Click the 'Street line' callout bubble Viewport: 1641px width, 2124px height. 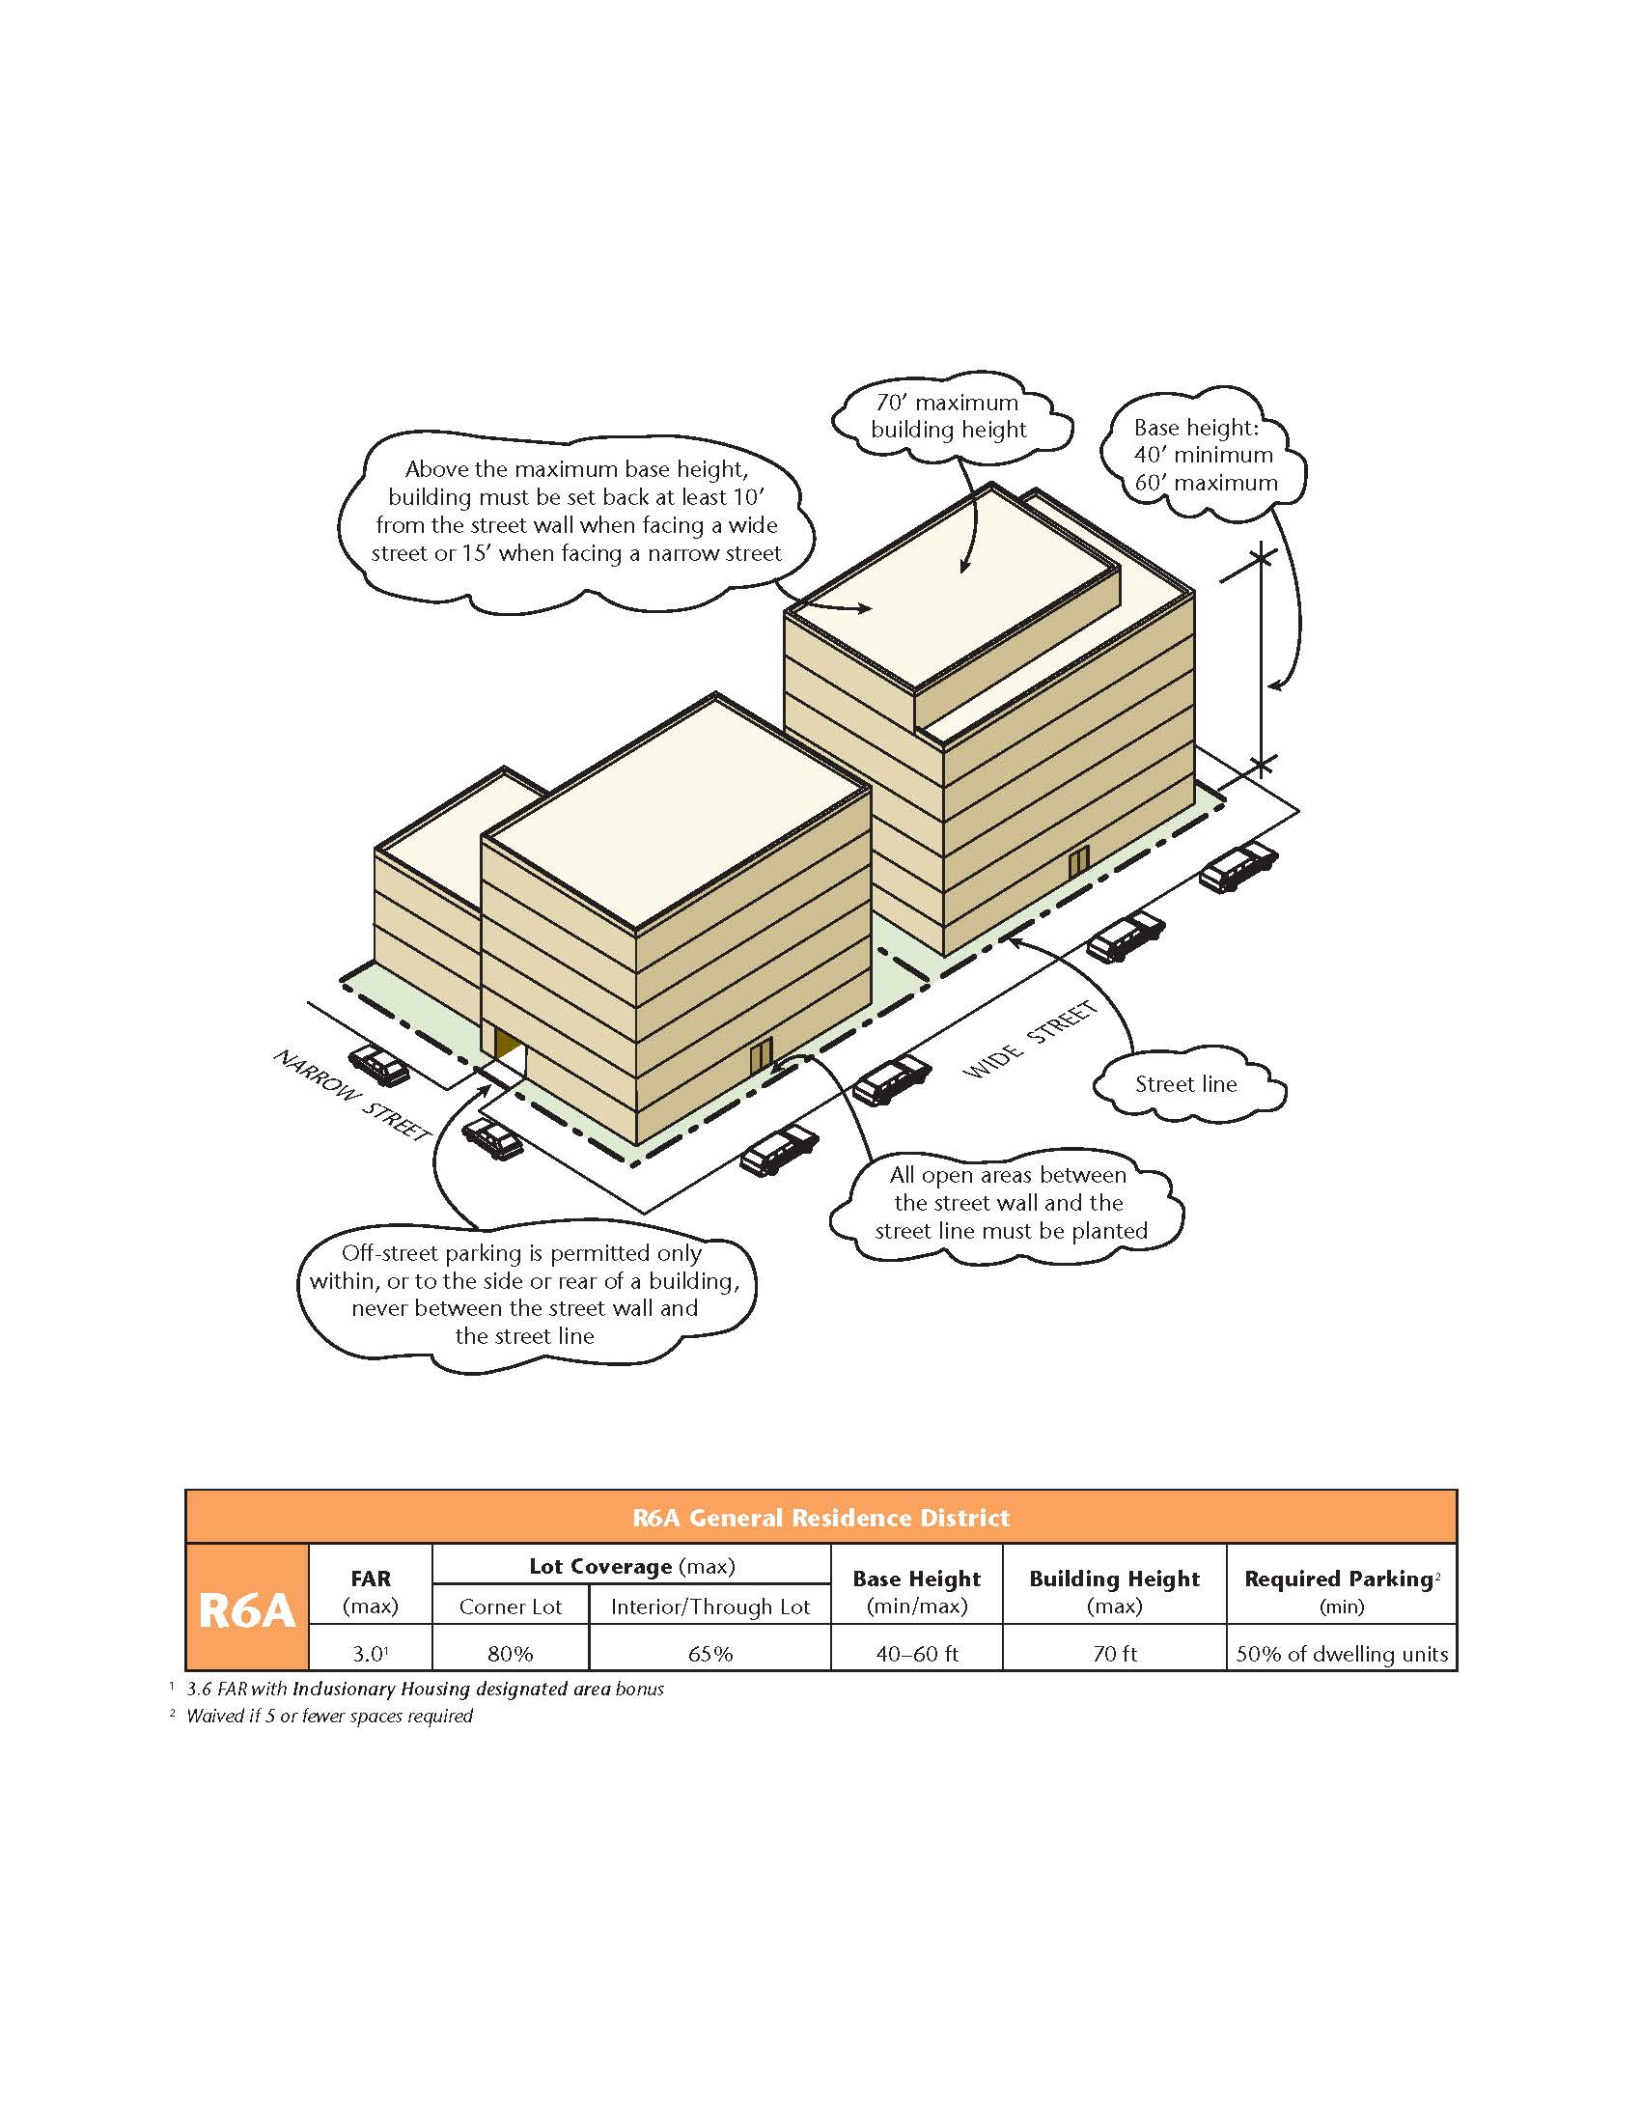click(1186, 1084)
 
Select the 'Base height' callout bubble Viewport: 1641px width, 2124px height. click(1204, 455)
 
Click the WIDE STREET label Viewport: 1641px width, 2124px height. click(1030, 1041)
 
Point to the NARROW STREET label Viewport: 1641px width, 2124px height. click(352, 1095)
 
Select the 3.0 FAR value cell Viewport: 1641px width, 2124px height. click(370, 1653)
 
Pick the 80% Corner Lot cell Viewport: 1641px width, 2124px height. click(511, 1653)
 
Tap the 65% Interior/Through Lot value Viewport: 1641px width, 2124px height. click(709, 1653)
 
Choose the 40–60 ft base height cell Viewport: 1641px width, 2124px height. click(917, 1653)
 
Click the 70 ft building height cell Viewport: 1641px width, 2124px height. click(1114, 1653)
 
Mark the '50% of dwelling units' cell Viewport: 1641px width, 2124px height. click(1342, 1653)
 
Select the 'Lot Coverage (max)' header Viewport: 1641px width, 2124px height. click(632, 1566)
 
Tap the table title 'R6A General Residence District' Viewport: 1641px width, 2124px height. click(820, 1518)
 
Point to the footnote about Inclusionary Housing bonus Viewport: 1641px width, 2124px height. click(425, 1689)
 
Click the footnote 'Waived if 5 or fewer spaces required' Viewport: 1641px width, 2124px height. click(328, 1716)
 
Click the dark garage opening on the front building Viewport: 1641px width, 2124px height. click(506, 1044)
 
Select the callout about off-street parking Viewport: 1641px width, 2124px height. click(525, 1295)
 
